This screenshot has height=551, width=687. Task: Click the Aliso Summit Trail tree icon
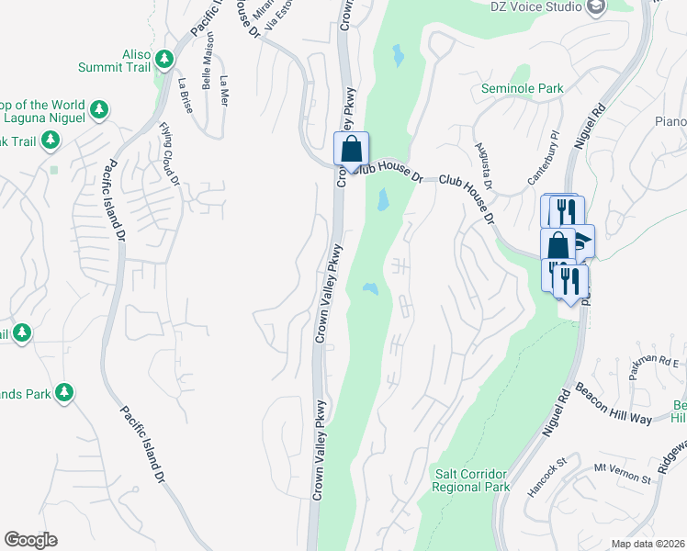click(164, 60)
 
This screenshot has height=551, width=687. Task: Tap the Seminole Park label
click(522, 89)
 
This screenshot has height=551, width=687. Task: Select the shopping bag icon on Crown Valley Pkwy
click(351, 148)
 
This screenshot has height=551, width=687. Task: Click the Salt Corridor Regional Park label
click(470, 480)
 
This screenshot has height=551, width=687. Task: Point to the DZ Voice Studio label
click(537, 6)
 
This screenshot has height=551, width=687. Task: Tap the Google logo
click(30, 540)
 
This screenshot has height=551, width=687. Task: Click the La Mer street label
click(223, 90)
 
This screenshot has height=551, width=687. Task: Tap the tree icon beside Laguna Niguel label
click(99, 111)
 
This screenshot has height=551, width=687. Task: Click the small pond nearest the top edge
click(398, 56)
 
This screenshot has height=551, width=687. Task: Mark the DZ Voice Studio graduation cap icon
click(597, 6)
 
